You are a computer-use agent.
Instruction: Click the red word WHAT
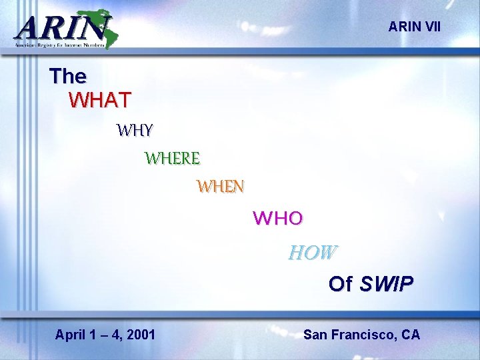coord(100,100)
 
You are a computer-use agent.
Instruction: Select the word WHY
coord(135,130)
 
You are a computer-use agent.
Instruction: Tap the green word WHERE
coord(172,159)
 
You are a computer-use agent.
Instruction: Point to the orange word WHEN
coord(220,187)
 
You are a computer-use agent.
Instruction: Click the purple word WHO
coord(278,218)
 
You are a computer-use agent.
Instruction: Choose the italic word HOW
coord(313,253)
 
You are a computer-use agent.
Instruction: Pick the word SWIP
coord(386,284)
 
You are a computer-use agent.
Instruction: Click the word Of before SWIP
coord(340,284)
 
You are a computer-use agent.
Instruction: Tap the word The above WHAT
coord(67,76)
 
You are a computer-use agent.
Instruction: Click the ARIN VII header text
coord(414,27)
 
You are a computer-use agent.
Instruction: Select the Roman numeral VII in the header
coord(431,27)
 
